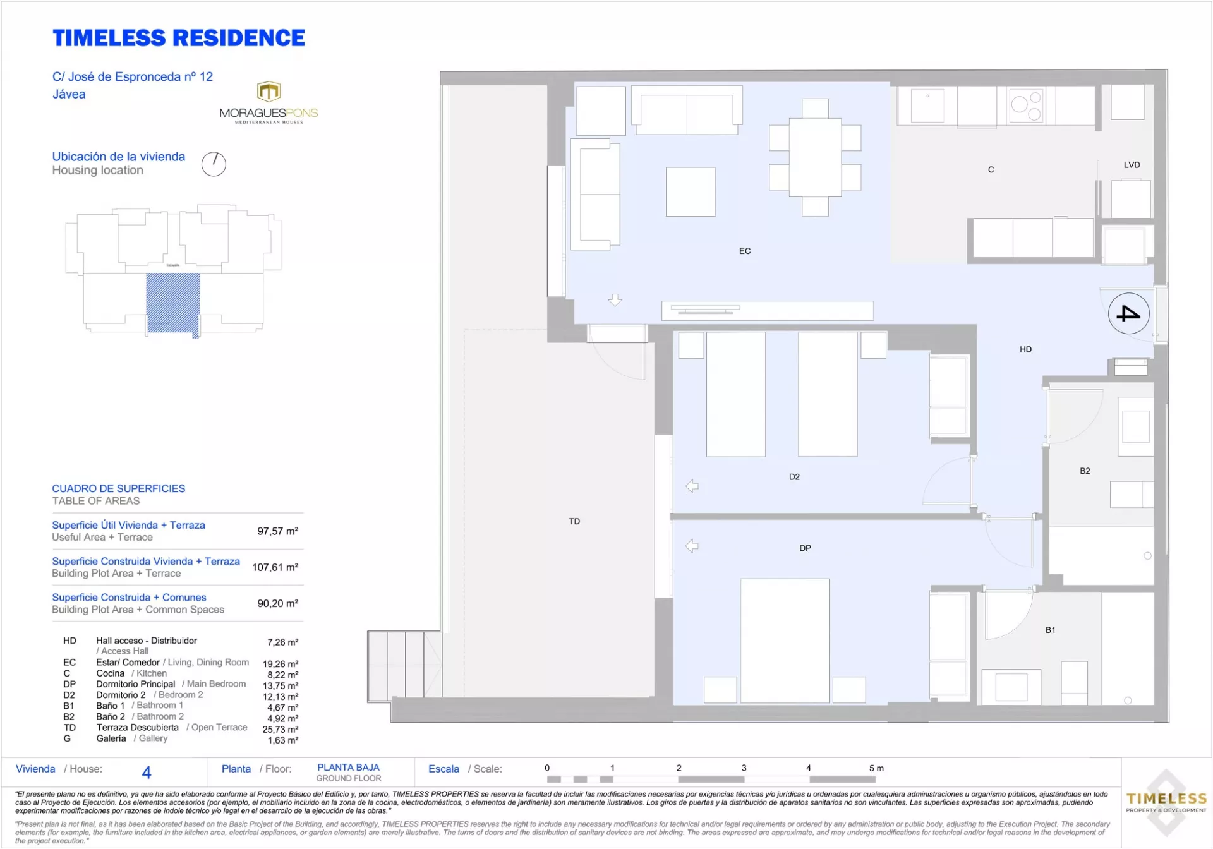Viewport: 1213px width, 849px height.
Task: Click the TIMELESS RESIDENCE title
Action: point(179,38)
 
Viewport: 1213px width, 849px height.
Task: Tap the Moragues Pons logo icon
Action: point(269,92)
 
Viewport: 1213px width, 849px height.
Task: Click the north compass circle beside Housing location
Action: point(214,164)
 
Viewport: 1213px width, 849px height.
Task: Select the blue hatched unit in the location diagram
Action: point(173,303)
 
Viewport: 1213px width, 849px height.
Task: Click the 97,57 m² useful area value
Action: point(277,531)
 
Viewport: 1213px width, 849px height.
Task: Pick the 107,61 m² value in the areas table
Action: point(275,567)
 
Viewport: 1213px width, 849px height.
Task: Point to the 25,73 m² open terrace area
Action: point(280,729)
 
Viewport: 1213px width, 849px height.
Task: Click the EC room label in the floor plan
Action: point(745,251)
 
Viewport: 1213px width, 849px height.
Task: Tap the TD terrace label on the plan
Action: point(574,521)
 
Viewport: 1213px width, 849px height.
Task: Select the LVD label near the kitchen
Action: point(1132,165)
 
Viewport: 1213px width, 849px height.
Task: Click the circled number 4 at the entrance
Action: point(1128,313)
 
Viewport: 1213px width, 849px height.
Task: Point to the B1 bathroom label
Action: point(1050,630)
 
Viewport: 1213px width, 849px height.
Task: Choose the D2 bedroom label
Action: point(794,477)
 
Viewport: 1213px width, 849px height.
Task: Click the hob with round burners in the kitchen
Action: point(1026,105)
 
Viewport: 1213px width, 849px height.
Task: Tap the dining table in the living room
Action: point(815,157)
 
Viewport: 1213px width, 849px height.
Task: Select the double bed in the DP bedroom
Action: point(785,641)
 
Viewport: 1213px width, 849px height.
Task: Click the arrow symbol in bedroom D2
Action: point(692,486)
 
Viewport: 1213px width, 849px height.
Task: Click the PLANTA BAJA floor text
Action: point(348,768)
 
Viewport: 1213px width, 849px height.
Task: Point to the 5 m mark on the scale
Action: point(876,768)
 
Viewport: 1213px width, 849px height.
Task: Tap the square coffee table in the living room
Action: point(691,191)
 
